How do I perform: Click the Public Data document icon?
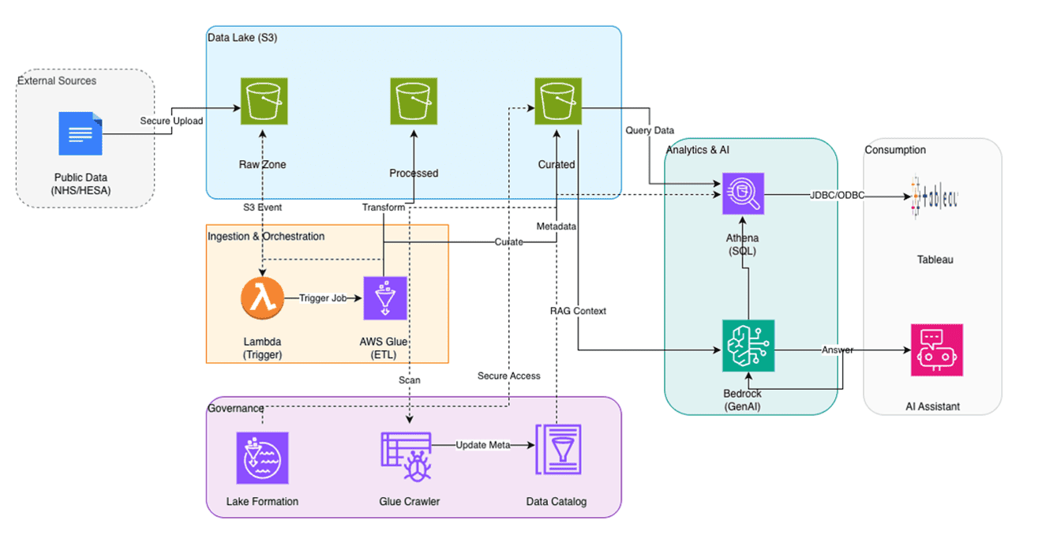point(81,133)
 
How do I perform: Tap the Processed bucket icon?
point(414,101)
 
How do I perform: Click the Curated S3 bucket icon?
point(558,101)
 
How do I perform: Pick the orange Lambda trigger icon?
point(262,299)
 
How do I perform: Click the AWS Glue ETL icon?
point(384,298)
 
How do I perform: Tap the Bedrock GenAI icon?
point(748,346)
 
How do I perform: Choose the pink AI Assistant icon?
point(936,350)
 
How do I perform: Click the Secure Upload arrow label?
point(171,121)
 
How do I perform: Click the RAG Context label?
point(578,311)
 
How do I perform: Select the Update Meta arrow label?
point(483,445)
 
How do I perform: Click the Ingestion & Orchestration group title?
point(265,236)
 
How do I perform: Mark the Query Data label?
point(650,130)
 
